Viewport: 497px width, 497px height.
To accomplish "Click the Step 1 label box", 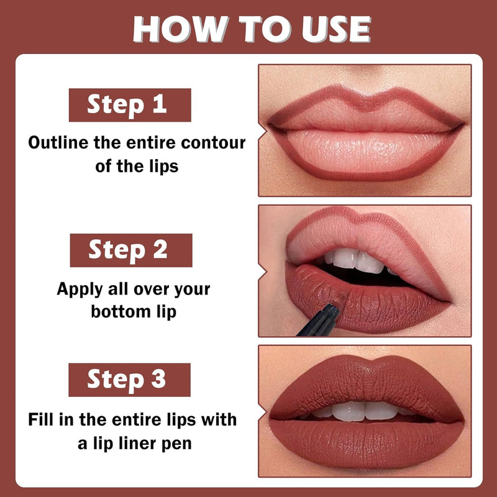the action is (x=130, y=105).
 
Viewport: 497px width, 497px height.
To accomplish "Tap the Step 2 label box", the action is (x=131, y=250).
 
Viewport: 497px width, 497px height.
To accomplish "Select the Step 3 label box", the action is (x=129, y=380).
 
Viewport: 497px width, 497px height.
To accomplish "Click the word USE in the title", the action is (x=336, y=29).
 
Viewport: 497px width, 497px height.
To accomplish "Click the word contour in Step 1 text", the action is (x=213, y=143).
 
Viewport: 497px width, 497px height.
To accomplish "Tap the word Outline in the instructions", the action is (x=58, y=143).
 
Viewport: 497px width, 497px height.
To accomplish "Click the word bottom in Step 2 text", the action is (x=121, y=312).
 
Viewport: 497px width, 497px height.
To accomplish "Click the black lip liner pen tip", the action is (x=336, y=308).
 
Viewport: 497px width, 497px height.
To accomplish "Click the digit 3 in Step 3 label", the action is (x=158, y=378).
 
